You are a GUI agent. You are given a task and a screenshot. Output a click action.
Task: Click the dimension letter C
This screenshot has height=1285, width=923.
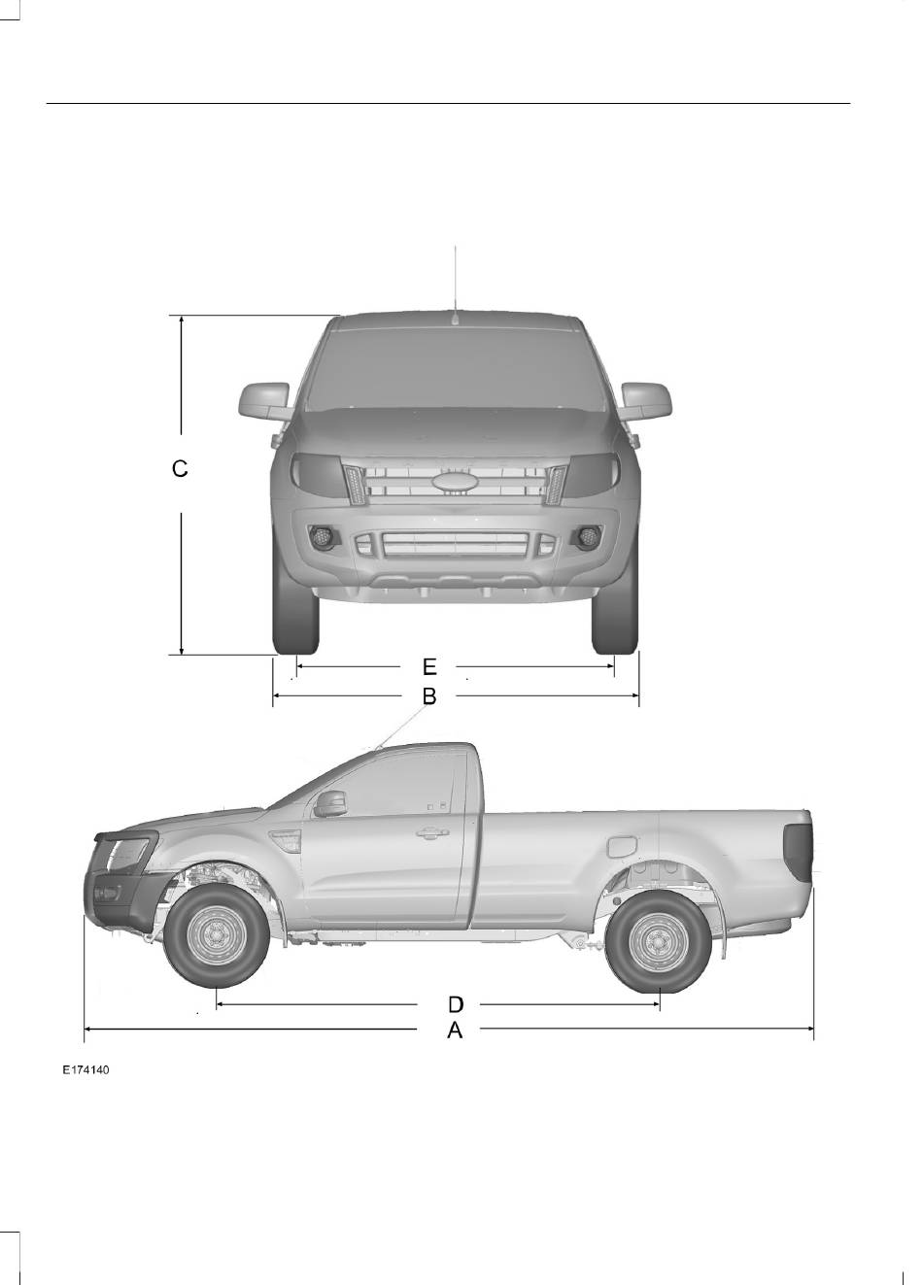180,469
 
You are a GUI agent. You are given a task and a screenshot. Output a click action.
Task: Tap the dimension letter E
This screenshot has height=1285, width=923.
429,666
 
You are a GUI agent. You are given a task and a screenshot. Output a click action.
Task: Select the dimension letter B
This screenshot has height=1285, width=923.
429,695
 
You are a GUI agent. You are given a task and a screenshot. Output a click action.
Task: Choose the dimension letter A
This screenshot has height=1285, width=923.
455,1031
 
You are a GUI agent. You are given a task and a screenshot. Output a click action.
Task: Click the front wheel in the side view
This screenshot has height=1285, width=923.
217,935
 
